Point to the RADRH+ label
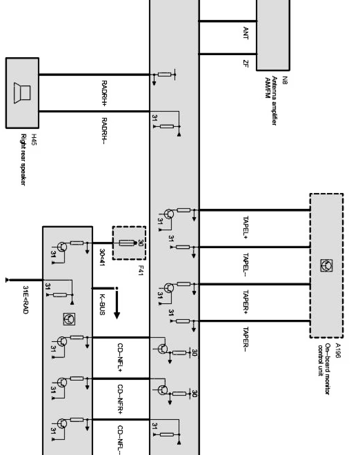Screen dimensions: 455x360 pyautogui.click(x=104, y=93)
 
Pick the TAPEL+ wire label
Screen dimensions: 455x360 pyautogui.click(x=246, y=228)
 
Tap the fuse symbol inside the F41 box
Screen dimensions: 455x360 pyautogui.click(x=126, y=243)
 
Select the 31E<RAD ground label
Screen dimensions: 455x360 pyautogui.click(x=25, y=299)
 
